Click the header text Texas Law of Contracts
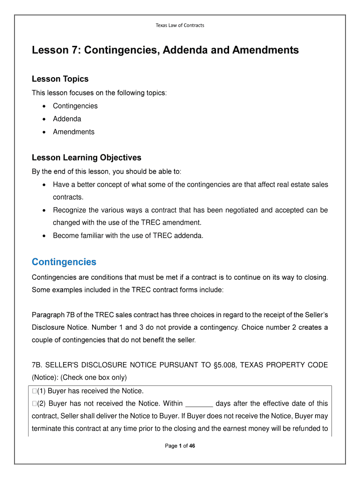[x=180, y=25]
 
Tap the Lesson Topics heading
[x=60, y=79]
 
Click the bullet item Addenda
[x=67, y=119]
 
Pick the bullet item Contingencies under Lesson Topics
[x=75, y=106]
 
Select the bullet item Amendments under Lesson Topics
[x=73, y=132]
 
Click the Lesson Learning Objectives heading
[x=86, y=158]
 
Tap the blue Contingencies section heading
[x=64, y=262]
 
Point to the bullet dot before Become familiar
[x=44, y=236]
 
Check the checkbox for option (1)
[x=34, y=391]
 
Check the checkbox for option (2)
[x=34, y=404]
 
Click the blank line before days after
[x=200, y=404]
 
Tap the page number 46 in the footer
[x=192, y=446]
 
